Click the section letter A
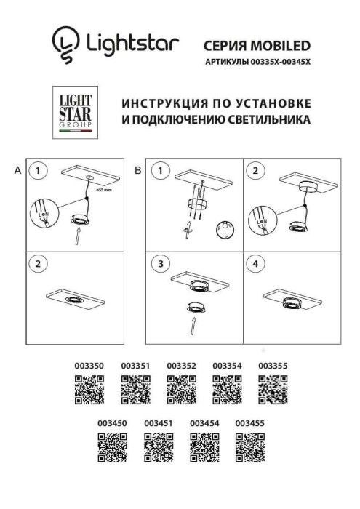click(x=17, y=171)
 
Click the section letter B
click(x=138, y=171)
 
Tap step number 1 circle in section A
click(x=39, y=172)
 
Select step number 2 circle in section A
click(x=39, y=263)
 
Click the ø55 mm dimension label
click(x=103, y=188)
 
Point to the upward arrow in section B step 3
click(x=194, y=326)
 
